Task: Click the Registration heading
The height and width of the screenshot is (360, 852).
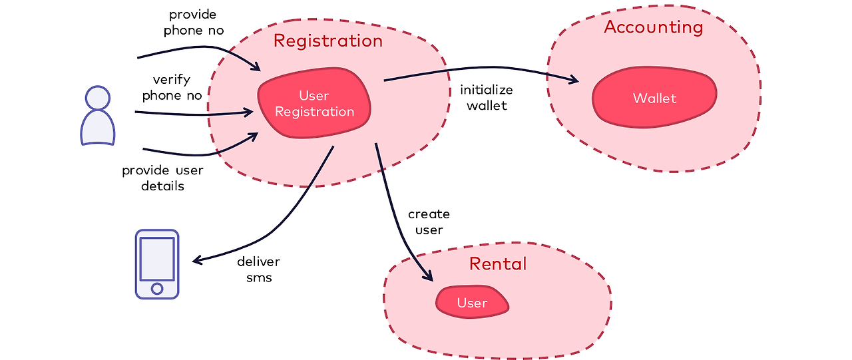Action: coord(328,41)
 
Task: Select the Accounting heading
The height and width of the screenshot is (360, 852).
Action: coord(654,27)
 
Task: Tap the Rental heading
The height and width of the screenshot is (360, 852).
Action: coord(498,264)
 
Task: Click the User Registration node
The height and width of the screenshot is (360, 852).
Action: coord(314,103)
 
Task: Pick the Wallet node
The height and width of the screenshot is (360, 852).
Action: coord(654,97)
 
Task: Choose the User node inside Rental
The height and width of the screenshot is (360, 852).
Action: coord(472,302)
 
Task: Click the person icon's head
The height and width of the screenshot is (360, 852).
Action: coord(98,98)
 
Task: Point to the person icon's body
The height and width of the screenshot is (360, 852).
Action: coord(98,128)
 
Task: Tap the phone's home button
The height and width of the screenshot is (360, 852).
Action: coord(157,289)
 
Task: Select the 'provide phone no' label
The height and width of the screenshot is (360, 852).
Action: coord(194,23)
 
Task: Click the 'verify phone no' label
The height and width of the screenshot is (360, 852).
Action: coord(172,87)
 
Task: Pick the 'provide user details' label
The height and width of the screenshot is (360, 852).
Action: coord(163,178)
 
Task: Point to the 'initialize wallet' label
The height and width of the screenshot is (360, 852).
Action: coord(487,97)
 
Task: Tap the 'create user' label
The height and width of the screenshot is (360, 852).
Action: coord(429,222)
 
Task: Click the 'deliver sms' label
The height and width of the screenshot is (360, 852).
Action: coord(259,270)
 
